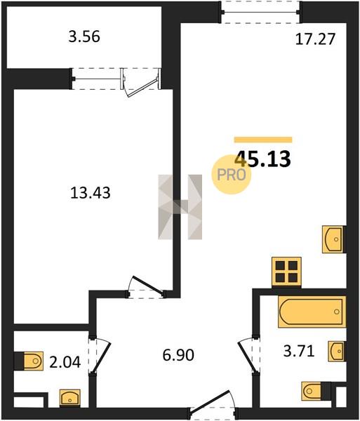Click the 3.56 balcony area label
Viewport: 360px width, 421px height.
[84, 36]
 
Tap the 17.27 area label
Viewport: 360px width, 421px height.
[315, 39]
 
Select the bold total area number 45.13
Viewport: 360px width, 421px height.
[262, 159]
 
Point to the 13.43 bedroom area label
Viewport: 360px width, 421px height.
[91, 193]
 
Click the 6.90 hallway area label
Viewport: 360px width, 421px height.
[178, 355]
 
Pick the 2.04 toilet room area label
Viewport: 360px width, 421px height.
[65, 362]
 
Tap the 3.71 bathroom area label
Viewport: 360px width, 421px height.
[299, 351]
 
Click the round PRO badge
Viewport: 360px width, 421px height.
[232, 175]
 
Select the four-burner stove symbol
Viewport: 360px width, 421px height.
[286, 272]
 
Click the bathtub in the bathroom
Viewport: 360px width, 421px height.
[312, 312]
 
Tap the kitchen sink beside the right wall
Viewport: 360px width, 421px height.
[333, 239]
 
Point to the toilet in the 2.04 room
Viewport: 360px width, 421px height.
[34, 361]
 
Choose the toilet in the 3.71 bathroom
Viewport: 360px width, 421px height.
[312, 391]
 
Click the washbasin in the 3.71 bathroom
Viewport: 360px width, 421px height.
[336, 351]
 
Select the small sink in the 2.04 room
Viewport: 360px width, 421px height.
[69, 398]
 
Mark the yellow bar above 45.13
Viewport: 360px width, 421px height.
[263, 140]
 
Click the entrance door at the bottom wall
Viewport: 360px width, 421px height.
[213, 406]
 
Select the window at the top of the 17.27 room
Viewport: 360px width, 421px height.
[260, 12]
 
